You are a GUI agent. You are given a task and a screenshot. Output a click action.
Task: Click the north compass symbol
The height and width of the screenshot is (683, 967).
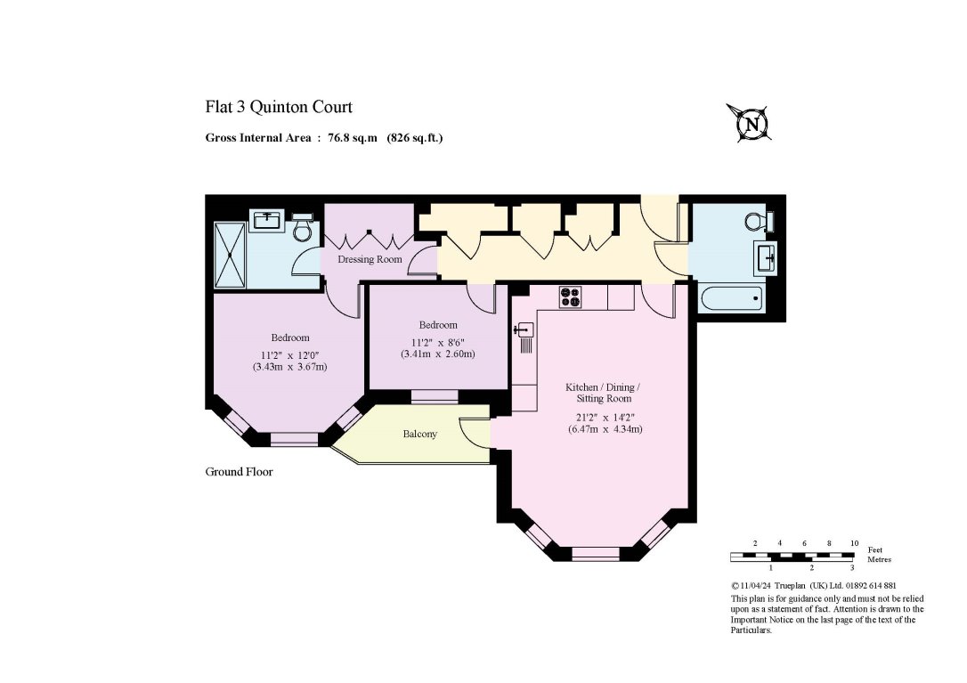coord(751,123)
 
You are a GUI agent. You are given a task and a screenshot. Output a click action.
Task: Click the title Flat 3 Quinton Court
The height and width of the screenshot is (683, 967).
coord(279,108)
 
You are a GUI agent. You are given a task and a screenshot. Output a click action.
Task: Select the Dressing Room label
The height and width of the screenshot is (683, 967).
coord(370,259)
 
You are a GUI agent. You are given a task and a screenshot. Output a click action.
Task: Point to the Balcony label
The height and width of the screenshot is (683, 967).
coord(419,434)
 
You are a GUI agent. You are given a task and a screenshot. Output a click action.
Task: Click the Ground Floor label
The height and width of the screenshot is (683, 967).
coord(239,472)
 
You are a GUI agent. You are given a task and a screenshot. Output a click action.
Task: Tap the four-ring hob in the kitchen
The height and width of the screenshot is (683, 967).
coord(571,297)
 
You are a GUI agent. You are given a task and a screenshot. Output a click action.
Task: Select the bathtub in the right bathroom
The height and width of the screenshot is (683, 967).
coord(732,297)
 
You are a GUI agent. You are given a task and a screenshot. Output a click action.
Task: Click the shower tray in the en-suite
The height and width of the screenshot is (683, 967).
coord(230,254)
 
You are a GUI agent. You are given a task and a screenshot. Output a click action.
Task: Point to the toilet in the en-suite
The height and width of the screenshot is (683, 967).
coord(303,227)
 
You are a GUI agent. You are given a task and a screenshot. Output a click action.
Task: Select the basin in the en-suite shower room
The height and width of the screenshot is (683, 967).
coord(268,219)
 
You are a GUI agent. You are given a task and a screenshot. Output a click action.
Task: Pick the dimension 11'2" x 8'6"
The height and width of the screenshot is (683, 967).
coord(437,341)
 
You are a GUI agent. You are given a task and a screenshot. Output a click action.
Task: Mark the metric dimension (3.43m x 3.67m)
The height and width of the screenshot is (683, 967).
coord(289,366)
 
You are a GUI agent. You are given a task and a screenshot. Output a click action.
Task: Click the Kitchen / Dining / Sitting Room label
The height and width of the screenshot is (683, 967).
coord(603,393)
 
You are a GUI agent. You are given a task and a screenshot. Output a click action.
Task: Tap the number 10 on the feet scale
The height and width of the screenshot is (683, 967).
coord(853,543)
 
